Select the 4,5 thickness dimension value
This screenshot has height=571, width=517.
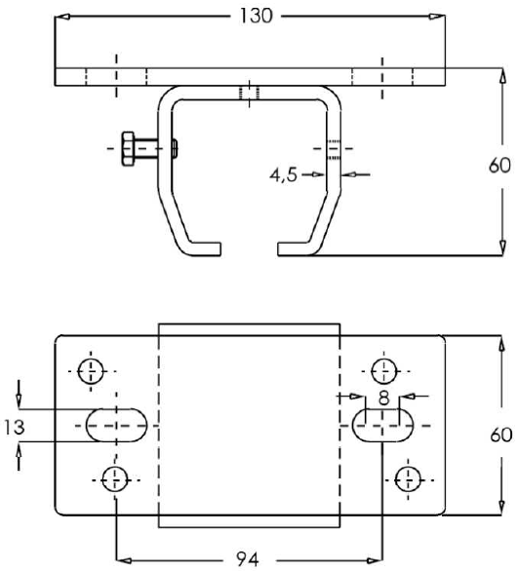286,175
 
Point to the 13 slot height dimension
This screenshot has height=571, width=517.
14,426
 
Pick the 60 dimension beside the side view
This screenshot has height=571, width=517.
498,166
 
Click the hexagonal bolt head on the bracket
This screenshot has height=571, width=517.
129,148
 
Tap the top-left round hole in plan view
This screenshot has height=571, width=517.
91,370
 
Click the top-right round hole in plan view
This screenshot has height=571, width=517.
382,370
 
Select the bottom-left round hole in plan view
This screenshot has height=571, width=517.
115,477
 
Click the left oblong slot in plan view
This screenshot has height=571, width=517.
116,425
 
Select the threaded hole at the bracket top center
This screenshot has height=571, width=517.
250,93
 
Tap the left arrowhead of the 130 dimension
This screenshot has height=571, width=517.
61,17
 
